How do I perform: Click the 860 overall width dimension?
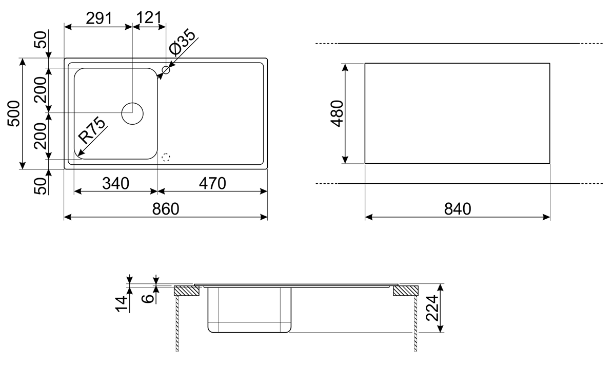pos(165,209)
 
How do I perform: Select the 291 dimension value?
pos(99,18)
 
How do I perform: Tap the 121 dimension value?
pos(149,18)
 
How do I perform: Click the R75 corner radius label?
pos(92,131)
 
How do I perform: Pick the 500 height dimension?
pos(14,113)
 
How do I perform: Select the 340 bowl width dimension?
pos(115,183)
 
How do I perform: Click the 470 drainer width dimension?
pos(213,183)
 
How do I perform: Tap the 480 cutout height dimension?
pos(337,113)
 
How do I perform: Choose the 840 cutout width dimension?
pos(458,209)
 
